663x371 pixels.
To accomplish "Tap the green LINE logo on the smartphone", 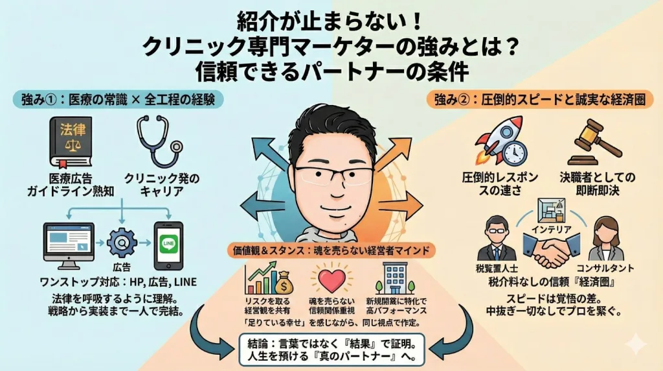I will (168, 245).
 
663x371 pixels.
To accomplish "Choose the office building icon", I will (395, 279).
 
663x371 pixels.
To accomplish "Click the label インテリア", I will (551, 228).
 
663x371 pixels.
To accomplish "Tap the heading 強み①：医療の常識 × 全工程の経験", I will (117, 99).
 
